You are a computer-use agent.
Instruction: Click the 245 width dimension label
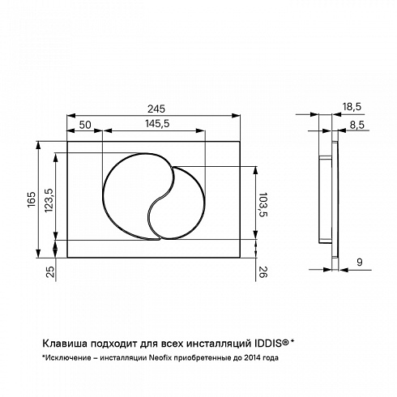coord(156,109)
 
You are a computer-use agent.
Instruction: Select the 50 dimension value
coord(85,125)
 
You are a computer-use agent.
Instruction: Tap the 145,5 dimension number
coord(157,124)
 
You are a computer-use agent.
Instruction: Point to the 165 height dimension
coord(32,199)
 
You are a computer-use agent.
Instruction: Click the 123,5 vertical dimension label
coord(49,200)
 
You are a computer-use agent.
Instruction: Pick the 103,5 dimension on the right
coord(263,204)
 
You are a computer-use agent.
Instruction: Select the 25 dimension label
coord(50,271)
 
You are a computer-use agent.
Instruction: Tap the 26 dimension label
coord(263,271)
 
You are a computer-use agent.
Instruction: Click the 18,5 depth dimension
coord(352,107)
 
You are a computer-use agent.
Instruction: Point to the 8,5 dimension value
coord(357,125)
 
